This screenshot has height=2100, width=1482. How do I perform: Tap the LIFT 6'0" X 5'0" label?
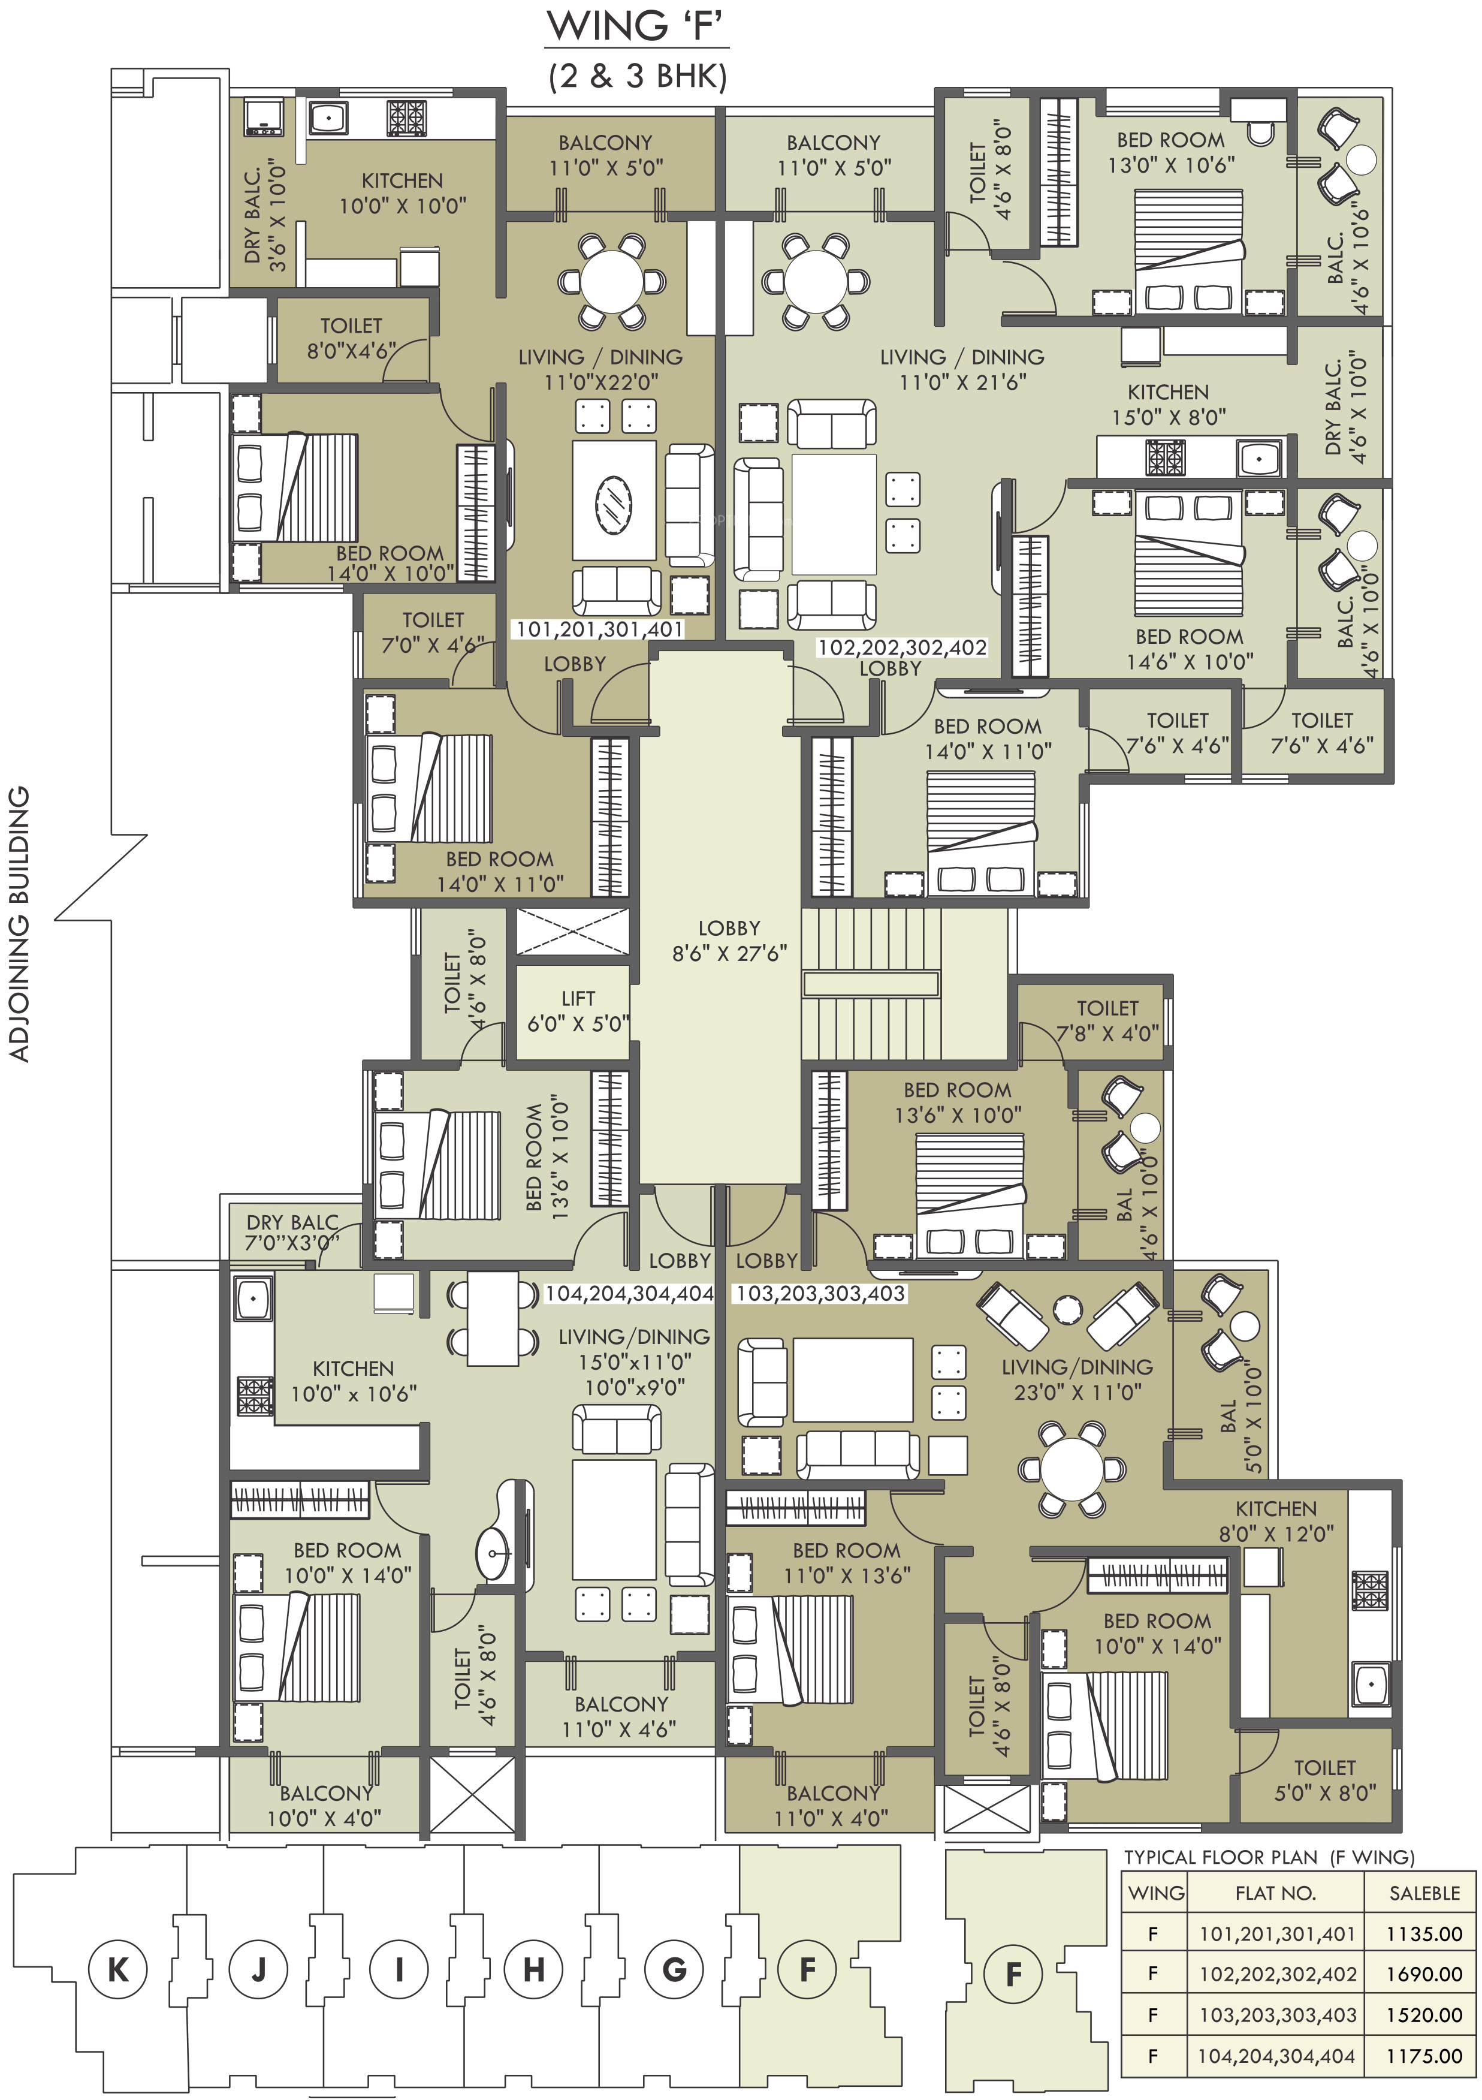point(578,1011)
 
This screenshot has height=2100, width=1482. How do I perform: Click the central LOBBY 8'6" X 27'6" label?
point(729,940)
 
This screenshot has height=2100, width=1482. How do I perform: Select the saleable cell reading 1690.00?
point(1423,1974)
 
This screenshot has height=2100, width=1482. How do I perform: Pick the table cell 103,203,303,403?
point(1277,2015)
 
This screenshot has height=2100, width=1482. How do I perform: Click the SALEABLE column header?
point(1424,1893)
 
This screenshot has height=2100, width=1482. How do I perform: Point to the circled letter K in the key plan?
point(118,1969)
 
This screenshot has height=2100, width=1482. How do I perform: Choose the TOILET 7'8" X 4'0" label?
point(1107,1021)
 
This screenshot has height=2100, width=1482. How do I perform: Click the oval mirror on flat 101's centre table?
point(614,502)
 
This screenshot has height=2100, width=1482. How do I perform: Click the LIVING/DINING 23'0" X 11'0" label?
point(1077,1379)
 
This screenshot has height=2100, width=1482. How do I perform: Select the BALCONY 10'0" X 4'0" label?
point(325,1806)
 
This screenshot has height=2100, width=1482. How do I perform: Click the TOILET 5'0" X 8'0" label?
point(1325,1780)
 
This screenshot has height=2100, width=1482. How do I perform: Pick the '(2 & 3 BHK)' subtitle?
point(637,76)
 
